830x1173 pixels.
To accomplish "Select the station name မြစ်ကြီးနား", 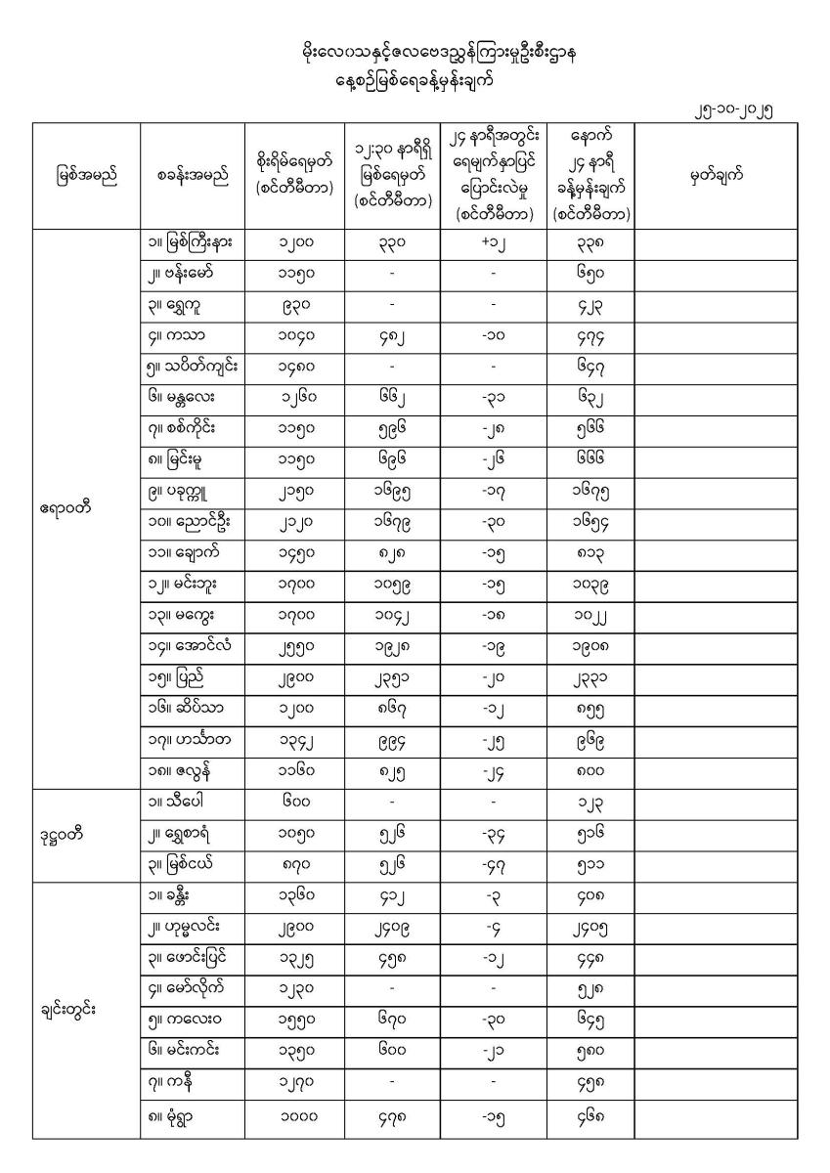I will [197, 240].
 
